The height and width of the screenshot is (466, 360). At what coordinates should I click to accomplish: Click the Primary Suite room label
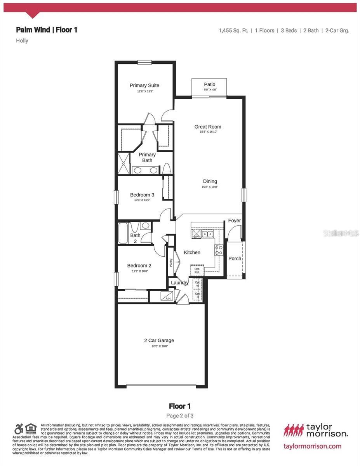point(144,85)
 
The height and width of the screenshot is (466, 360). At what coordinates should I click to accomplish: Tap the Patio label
point(210,84)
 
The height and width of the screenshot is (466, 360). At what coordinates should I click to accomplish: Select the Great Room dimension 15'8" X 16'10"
point(209,132)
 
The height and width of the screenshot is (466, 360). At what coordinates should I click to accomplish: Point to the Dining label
point(210,181)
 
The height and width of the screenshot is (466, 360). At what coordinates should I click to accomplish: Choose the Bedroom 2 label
point(139,266)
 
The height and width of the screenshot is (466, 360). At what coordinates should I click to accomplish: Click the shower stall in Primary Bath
point(124,164)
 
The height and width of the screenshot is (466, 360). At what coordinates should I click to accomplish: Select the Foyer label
point(235,221)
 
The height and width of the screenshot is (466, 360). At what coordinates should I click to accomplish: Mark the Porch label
point(235,259)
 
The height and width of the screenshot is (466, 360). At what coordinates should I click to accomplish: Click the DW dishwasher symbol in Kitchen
point(196,235)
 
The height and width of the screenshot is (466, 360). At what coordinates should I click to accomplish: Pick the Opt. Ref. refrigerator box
point(197,270)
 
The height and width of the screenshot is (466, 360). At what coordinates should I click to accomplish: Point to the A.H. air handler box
point(168,297)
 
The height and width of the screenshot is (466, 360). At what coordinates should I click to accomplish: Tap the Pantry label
point(171,263)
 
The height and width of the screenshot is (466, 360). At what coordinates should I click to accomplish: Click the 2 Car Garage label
point(159,341)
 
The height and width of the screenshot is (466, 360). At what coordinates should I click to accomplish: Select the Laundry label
point(180,283)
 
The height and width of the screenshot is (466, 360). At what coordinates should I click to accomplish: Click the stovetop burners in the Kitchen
point(219,250)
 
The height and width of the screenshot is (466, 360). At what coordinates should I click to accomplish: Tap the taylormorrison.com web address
point(313,446)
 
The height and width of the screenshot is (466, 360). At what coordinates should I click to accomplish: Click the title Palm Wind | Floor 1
point(47,30)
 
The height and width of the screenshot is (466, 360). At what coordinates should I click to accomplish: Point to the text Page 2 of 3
point(180,416)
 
